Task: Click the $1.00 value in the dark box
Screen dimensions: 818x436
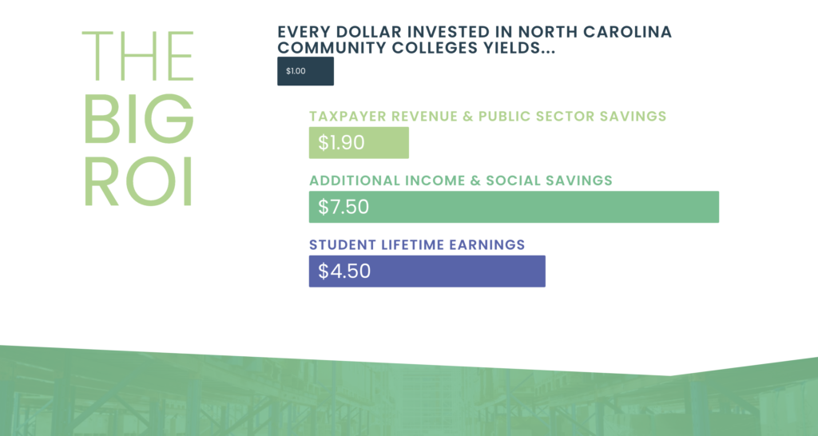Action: [x=296, y=71]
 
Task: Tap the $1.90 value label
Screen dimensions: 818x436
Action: [x=341, y=142]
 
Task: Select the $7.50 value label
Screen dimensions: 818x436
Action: [x=343, y=207]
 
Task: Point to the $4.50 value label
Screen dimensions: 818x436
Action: [x=344, y=272]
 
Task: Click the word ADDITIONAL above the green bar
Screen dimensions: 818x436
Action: [x=355, y=180]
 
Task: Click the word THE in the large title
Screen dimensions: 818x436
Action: [x=138, y=56]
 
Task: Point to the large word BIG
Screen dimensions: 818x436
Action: [x=138, y=119]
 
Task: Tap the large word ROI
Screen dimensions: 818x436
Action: [x=138, y=182]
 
